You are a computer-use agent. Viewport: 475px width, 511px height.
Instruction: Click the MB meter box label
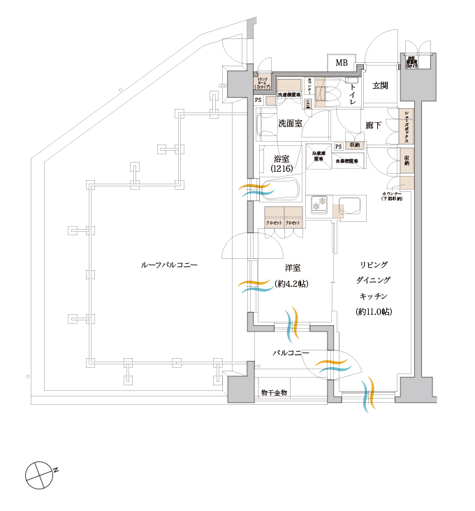pos(342,63)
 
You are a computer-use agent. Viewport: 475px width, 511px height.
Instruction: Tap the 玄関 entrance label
pos(380,85)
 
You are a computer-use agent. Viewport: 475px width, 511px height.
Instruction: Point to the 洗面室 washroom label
pos(290,123)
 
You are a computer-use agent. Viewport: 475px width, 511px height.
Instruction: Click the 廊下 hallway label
pos(374,126)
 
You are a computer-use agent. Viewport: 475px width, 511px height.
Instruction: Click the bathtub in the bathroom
pos(279,188)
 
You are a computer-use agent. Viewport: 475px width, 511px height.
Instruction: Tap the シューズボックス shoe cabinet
pos(406,128)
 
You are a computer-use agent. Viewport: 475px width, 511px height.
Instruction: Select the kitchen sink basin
pos(348,207)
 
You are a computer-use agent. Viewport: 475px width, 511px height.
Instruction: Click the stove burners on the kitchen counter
pos(319,205)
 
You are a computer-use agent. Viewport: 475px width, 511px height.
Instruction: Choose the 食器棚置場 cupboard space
pos(350,161)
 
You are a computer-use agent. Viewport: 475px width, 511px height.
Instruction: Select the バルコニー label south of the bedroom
pos(291,353)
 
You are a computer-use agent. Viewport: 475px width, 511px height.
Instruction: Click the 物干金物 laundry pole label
pos(274,393)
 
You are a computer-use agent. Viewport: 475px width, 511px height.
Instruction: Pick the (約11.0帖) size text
pos(374,311)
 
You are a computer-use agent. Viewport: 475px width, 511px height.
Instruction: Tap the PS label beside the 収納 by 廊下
pos(339,146)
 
